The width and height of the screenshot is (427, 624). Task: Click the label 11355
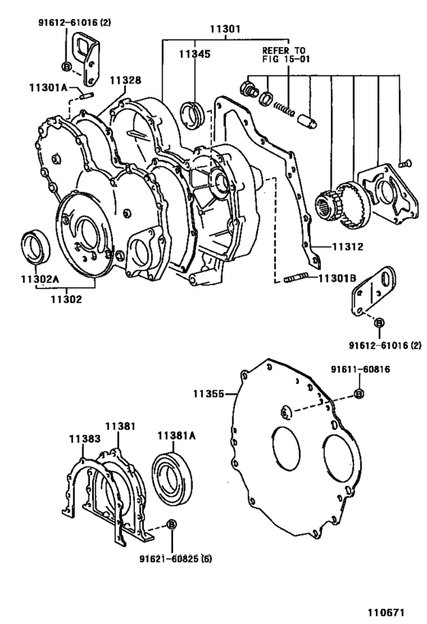tap(210, 394)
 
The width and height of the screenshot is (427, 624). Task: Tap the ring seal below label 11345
tap(193, 114)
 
